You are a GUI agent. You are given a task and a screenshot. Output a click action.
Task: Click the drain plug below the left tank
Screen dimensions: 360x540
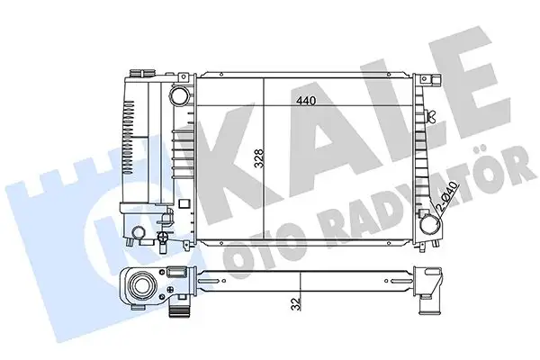click(163, 240)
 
